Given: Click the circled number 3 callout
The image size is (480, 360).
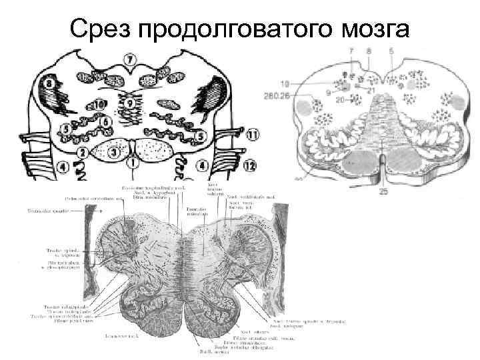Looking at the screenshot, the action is click(114, 153).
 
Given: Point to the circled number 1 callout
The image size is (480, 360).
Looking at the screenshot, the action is click(135, 161).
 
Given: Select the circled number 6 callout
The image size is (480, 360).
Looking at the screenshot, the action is click(105, 122).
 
